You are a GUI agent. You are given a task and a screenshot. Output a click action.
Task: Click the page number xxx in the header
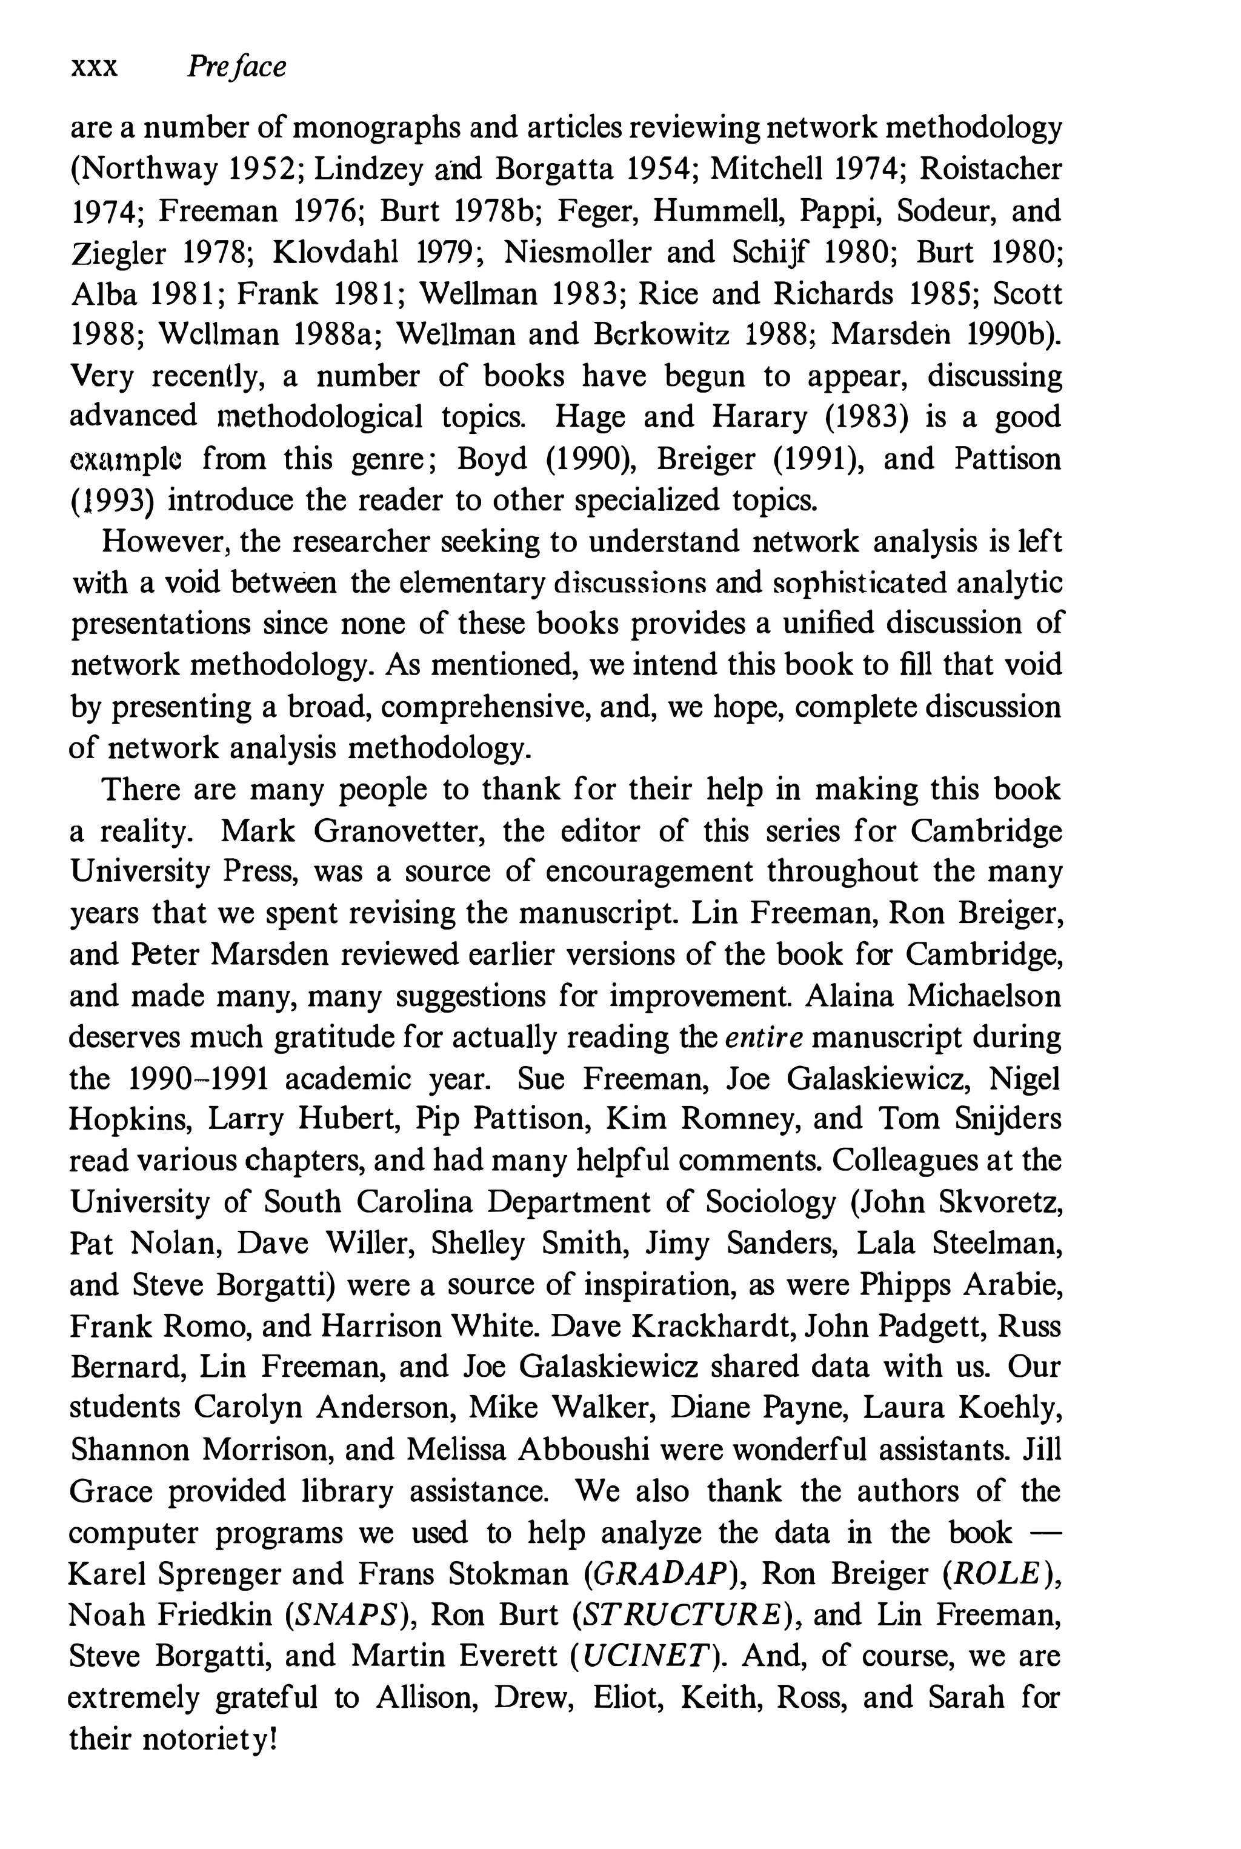(x=94, y=68)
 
